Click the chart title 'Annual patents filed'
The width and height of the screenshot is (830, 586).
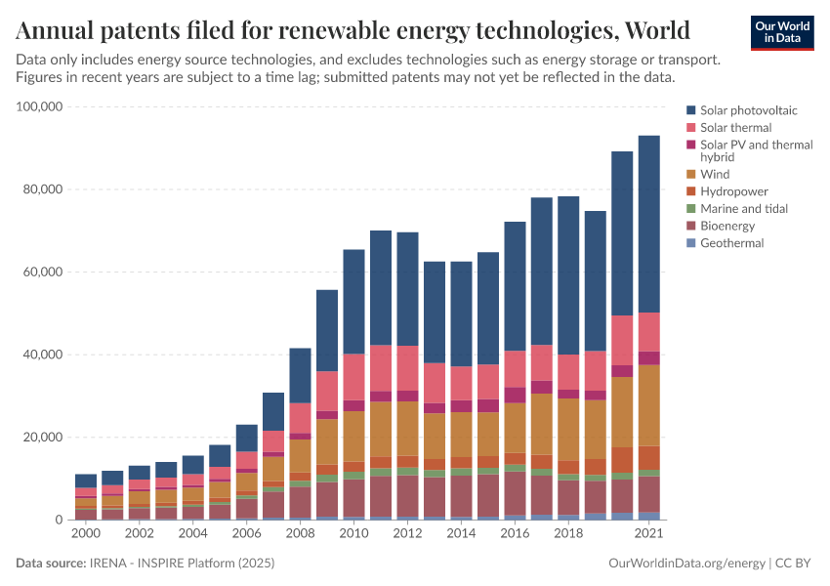coord(353,29)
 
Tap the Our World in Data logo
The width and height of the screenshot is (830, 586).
coord(781,32)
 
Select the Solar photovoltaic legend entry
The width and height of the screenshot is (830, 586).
coord(748,110)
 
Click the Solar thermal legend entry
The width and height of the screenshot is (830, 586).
coord(735,128)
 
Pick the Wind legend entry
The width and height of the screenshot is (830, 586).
coord(715,174)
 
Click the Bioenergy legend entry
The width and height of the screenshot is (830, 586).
coord(728,226)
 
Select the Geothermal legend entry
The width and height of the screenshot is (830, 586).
coord(731,243)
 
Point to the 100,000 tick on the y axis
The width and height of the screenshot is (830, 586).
coord(40,106)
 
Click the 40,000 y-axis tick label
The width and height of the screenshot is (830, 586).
coord(43,355)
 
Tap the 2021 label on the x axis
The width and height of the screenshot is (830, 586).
coord(648,535)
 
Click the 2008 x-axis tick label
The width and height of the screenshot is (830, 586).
coord(300,535)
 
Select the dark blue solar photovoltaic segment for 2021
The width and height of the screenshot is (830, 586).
coord(648,224)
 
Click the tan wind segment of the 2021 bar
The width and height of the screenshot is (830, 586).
coord(648,405)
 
